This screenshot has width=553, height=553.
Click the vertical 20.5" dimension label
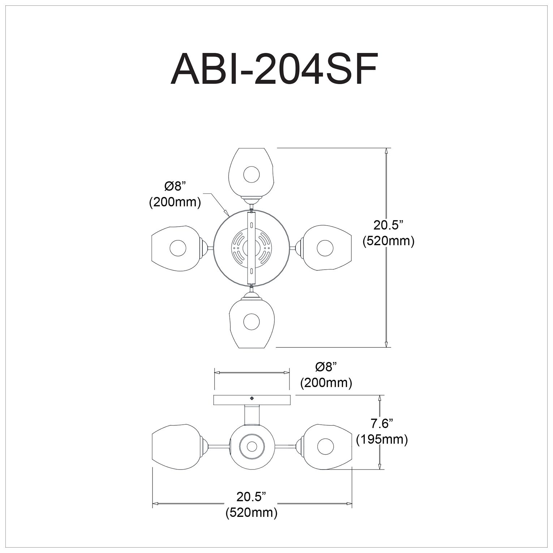pos(388,225)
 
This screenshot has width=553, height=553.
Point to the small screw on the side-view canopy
pos(252,398)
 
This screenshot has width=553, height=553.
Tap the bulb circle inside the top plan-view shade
pos(252,174)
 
